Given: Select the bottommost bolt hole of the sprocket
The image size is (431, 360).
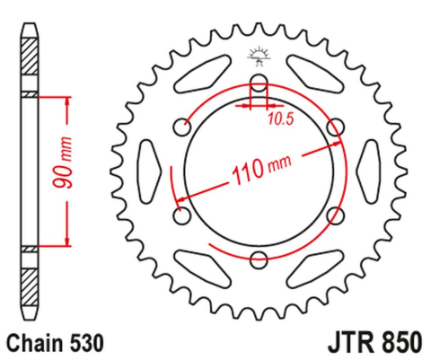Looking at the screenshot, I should click(259, 260).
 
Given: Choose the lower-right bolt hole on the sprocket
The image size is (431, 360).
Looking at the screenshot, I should click(335, 216).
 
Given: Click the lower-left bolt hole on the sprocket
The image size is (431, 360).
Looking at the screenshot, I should click(184, 216).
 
